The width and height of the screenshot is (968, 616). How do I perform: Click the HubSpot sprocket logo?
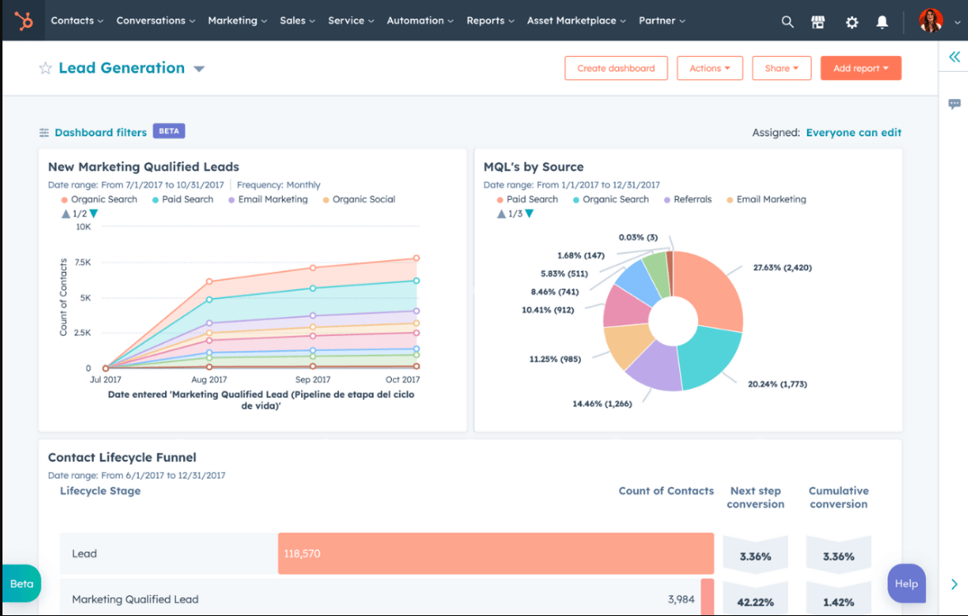point(24,21)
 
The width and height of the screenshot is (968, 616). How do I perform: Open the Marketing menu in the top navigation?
point(237,21)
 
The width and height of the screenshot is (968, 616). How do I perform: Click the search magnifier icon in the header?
point(787,21)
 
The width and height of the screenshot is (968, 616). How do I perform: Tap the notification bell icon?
point(882,21)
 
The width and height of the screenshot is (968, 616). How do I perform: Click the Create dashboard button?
point(616,69)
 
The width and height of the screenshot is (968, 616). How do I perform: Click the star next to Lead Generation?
point(45,69)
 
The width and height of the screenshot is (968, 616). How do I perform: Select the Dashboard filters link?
point(100,132)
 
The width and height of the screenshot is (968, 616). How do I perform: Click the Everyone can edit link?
point(853,132)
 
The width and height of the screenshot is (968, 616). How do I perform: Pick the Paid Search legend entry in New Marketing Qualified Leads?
point(187,199)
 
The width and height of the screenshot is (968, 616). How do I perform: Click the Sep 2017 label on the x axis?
point(313,380)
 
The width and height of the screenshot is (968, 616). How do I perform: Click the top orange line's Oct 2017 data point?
point(416,258)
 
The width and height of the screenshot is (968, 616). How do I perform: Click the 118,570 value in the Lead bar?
point(301,553)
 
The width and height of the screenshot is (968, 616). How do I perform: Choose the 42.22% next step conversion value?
point(755,602)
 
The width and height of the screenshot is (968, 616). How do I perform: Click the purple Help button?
point(905,583)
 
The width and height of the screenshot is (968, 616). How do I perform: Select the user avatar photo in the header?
point(930,21)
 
